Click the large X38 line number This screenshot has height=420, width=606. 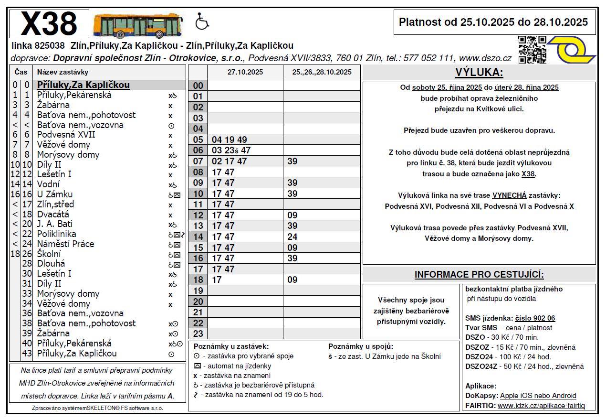click(x=49, y=23)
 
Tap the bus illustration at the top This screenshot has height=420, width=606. click(x=138, y=25)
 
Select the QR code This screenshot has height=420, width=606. click(x=532, y=49)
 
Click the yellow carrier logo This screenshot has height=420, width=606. click(x=572, y=50)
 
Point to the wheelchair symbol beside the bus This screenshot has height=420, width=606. click(x=202, y=22)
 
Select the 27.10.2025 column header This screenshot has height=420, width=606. click(x=245, y=73)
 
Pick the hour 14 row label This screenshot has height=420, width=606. click(x=198, y=237)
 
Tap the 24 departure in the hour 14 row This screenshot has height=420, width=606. click(x=293, y=237)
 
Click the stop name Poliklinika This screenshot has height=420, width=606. click(x=56, y=234)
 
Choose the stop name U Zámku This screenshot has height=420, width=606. click(x=55, y=194)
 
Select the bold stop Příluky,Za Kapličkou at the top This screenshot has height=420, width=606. click(x=84, y=85)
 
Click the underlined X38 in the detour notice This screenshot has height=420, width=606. click(x=528, y=174)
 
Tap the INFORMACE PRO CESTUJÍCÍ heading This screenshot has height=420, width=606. click(x=479, y=275)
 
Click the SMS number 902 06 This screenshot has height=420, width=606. click(x=535, y=318)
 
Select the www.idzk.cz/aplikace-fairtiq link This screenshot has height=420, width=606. click(x=541, y=406)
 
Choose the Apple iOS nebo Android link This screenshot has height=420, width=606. click(x=538, y=396)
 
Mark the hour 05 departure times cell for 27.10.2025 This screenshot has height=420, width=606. click(x=245, y=140)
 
